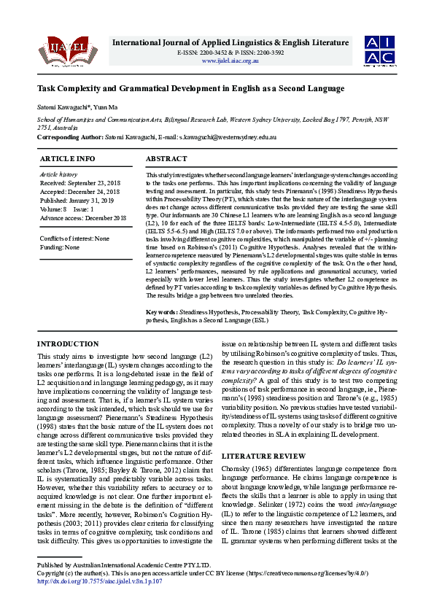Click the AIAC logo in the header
click(x=381, y=50)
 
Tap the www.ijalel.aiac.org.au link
click(x=230, y=61)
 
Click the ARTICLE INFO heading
click(x=67, y=159)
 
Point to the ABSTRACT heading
click(x=167, y=159)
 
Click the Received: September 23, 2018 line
click(x=80, y=183)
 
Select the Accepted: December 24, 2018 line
click(x=80, y=192)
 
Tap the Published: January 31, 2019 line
click(x=78, y=201)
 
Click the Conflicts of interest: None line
click(x=74, y=238)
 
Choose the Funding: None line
click(x=60, y=247)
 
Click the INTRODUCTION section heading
click(x=68, y=343)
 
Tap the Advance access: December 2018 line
click(x=83, y=218)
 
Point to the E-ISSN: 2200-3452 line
click(x=195, y=53)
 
